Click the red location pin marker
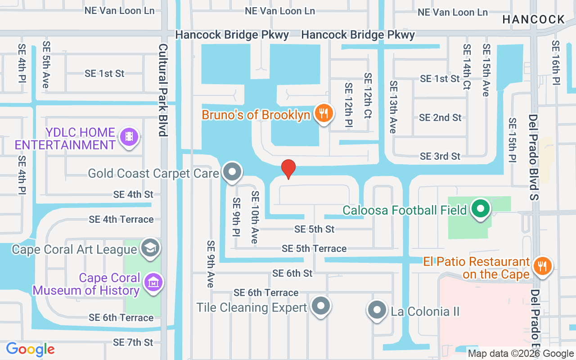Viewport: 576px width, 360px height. (x=288, y=169)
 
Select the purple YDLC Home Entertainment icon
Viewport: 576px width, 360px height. (x=129, y=136)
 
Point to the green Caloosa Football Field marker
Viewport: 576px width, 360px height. (x=481, y=208)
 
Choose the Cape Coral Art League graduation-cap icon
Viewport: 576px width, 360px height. (x=150, y=247)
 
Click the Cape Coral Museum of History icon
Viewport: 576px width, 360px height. (x=153, y=282)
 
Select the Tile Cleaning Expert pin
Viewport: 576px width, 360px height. (x=320, y=306)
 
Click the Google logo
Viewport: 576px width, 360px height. (x=30, y=349)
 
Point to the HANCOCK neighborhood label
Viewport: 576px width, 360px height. (x=533, y=19)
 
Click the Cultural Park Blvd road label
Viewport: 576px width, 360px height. (x=163, y=90)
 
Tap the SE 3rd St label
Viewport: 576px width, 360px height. (x=440, y=156)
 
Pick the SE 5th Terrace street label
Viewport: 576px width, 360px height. (x=314, y=248)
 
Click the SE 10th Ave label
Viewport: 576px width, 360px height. (x=255, y=217)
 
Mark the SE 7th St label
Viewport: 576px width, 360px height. (x=133, y=342)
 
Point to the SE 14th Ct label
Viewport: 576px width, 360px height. (x=467, y=67)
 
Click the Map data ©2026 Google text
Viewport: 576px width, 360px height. (x=521, y=354)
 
